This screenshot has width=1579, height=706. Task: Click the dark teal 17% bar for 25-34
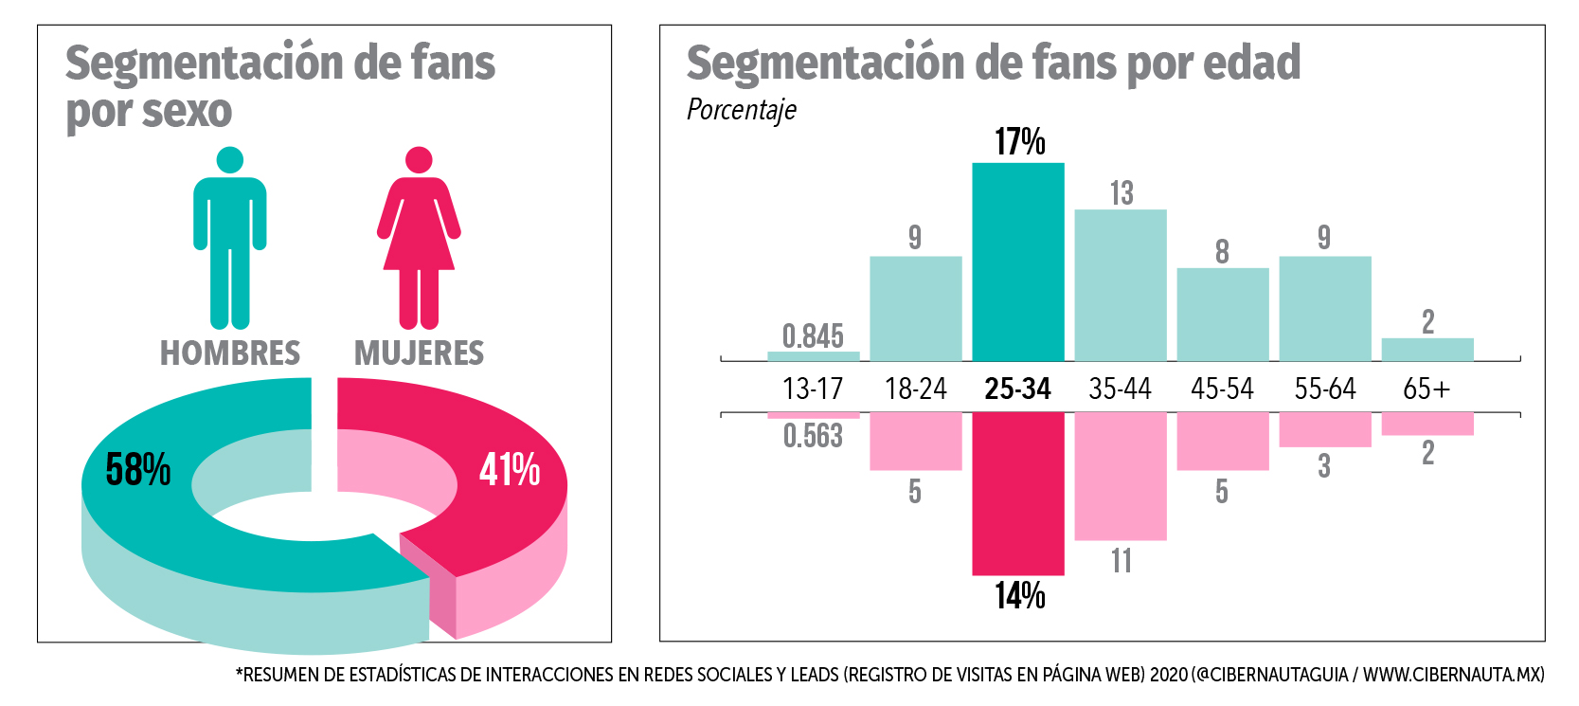(1018, 262)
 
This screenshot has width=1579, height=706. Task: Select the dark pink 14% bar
(1018, 494)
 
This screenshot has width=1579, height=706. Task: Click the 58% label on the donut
(138, 470)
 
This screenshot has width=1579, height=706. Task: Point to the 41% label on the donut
(510, 470)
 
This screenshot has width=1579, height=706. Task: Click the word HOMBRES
(230, 353)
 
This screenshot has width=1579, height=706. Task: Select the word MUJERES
(419, 353)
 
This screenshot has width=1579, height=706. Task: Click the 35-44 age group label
(1120, 389)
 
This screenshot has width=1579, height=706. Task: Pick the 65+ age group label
(1426, 389)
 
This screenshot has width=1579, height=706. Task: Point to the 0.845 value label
(813, 335)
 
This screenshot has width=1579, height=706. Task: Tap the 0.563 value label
(813, 436)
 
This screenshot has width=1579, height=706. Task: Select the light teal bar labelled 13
(1121, 284)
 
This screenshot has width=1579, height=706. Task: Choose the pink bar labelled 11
(1121, 477)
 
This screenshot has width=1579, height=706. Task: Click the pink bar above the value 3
(1325, 429)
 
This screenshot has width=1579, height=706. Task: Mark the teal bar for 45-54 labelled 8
(1223, 314)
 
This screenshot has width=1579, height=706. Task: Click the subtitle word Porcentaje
(741, 111)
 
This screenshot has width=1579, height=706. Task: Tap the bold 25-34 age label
(1017, 389)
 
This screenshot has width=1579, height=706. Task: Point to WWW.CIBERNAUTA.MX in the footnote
(1453, 675)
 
